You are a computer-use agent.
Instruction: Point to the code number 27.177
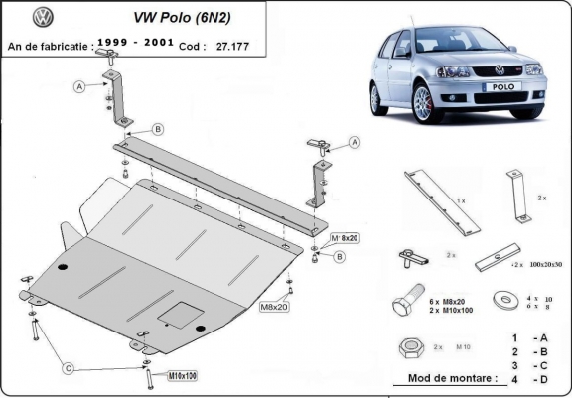coord(235,45)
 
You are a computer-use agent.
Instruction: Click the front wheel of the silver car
coord(384,99)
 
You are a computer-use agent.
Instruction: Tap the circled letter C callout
coord(69,369)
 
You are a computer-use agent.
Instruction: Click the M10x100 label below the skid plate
coord(156,376)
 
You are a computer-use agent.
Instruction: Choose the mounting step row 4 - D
coord(529,379)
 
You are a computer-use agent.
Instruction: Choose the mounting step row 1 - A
coord(529,337)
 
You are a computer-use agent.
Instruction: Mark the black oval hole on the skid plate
coord(63,269)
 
